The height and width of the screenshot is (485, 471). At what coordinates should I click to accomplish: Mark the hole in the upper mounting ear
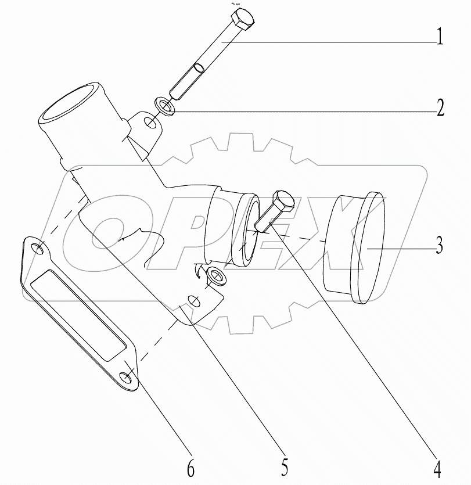click(150, 123)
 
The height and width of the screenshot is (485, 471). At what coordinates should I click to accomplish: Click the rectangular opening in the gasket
click(78, 317)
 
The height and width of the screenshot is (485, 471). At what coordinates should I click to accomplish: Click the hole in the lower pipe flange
click(196, 302)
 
